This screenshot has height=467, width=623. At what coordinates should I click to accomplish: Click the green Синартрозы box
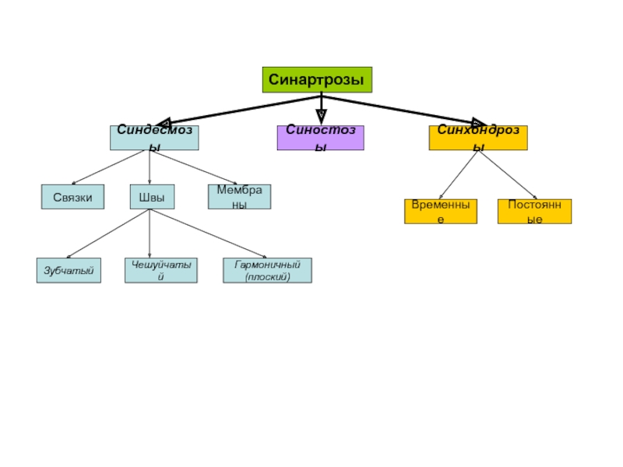[317, 80]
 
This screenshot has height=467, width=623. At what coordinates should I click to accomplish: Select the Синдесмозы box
[154, 138]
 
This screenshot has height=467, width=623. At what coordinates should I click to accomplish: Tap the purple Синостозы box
[321, 138]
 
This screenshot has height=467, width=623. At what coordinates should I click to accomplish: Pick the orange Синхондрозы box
[478, 138]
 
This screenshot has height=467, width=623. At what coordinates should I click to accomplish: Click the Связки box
[72, 197]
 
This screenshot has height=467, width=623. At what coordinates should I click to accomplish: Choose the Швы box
[152, 197]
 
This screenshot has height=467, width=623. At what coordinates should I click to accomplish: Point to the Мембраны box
[240, 197]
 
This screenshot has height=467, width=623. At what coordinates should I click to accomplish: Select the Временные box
[441, 211]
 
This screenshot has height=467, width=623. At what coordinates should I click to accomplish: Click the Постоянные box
[535, 211]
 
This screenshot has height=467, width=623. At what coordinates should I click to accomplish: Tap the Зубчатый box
[69, 270]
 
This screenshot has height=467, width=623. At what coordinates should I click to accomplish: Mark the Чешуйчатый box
[161, 270]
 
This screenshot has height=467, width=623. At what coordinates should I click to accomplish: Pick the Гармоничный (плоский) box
[267, 270]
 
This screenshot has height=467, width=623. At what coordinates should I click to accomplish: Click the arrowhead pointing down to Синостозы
[321, 117]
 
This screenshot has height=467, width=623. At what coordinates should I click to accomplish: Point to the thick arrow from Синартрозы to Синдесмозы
[239, 111]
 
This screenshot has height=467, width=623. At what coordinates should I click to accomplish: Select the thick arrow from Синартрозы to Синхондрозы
[403, 111]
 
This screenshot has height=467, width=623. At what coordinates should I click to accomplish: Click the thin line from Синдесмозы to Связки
[108, 167]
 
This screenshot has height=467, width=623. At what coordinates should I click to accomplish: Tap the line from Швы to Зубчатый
[108, 233]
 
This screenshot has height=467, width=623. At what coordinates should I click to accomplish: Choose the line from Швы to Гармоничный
[208, 233]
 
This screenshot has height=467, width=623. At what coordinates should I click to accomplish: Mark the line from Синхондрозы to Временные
[459, 174]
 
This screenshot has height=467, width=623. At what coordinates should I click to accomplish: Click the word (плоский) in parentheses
[267, 277]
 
